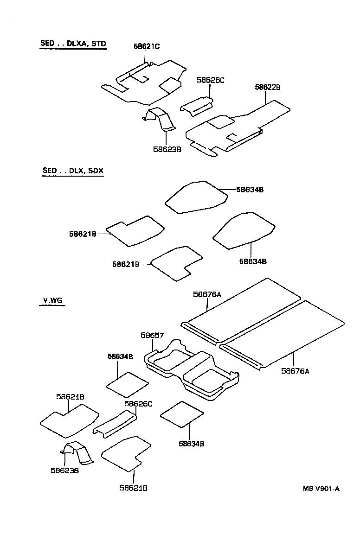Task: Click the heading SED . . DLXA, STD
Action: pyautogui.click(x=73, y=44)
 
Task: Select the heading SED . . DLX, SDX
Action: pyautogui.click(x=73, y=171)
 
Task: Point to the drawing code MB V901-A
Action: pyautogui.click(x=321, y=488)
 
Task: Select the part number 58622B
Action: pyautogui.click(x=268, y=87)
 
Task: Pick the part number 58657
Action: pyautogui.click(x=152, y=335)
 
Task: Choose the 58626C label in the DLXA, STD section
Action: pyautogui.click(x=210, y=80)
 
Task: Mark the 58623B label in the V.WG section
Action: pyautogui.click(x=64, y=470)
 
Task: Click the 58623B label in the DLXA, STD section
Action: pyautogui.click(x=167, y=149)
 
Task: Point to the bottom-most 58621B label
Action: pyautogui.click(x=133, y=488)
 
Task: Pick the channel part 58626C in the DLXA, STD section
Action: pyautogui.click(x=197, y=106)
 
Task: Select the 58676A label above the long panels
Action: pyautogui.click(x=207, y=294)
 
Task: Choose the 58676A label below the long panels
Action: pyautogui.click(x=295, y=370)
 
